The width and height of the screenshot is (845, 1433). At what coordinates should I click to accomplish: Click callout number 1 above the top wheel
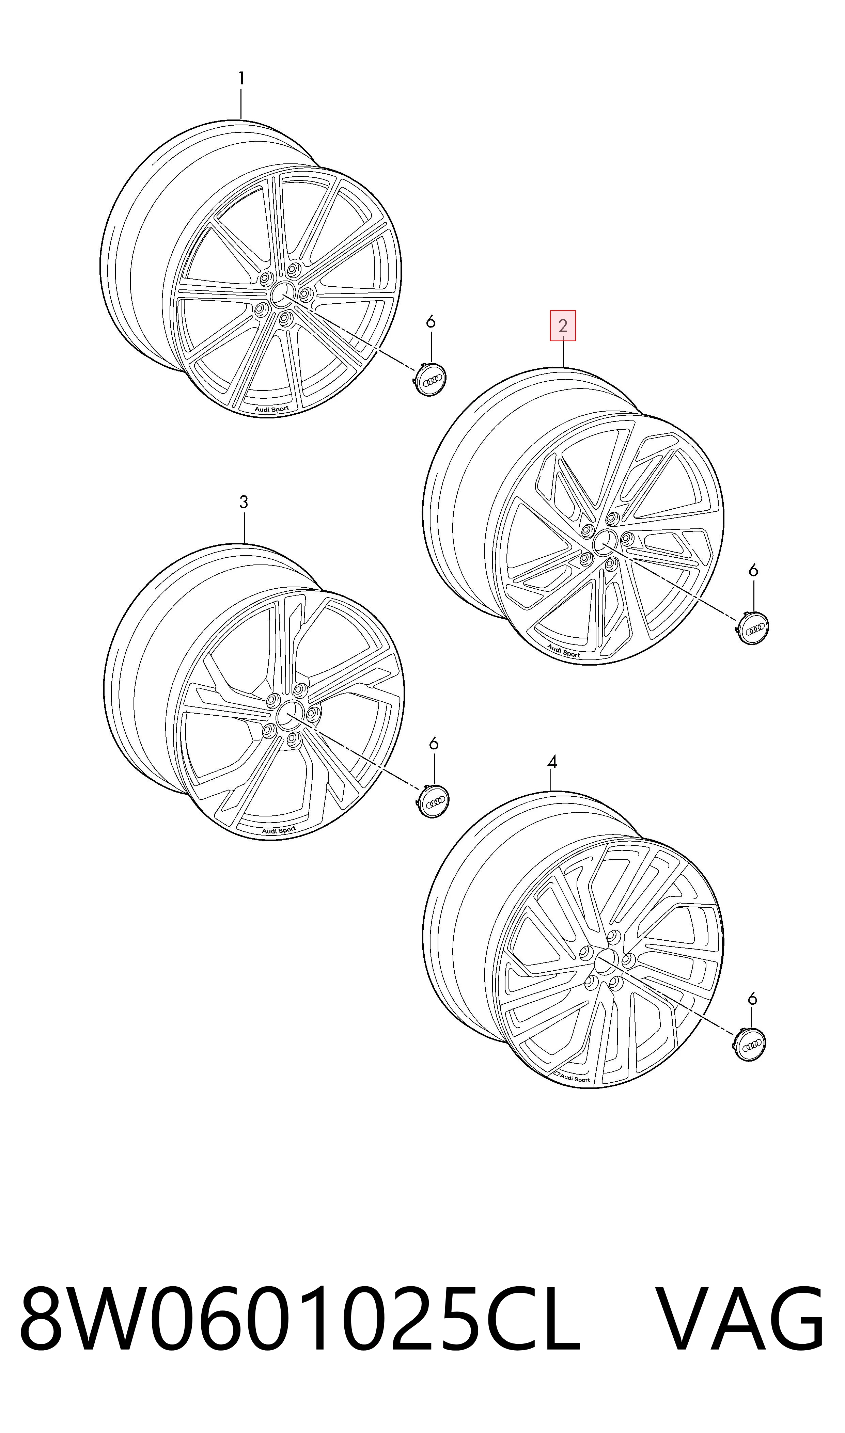(241, 79)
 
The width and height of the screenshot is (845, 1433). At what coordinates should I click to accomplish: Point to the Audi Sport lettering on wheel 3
(279, 830)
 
